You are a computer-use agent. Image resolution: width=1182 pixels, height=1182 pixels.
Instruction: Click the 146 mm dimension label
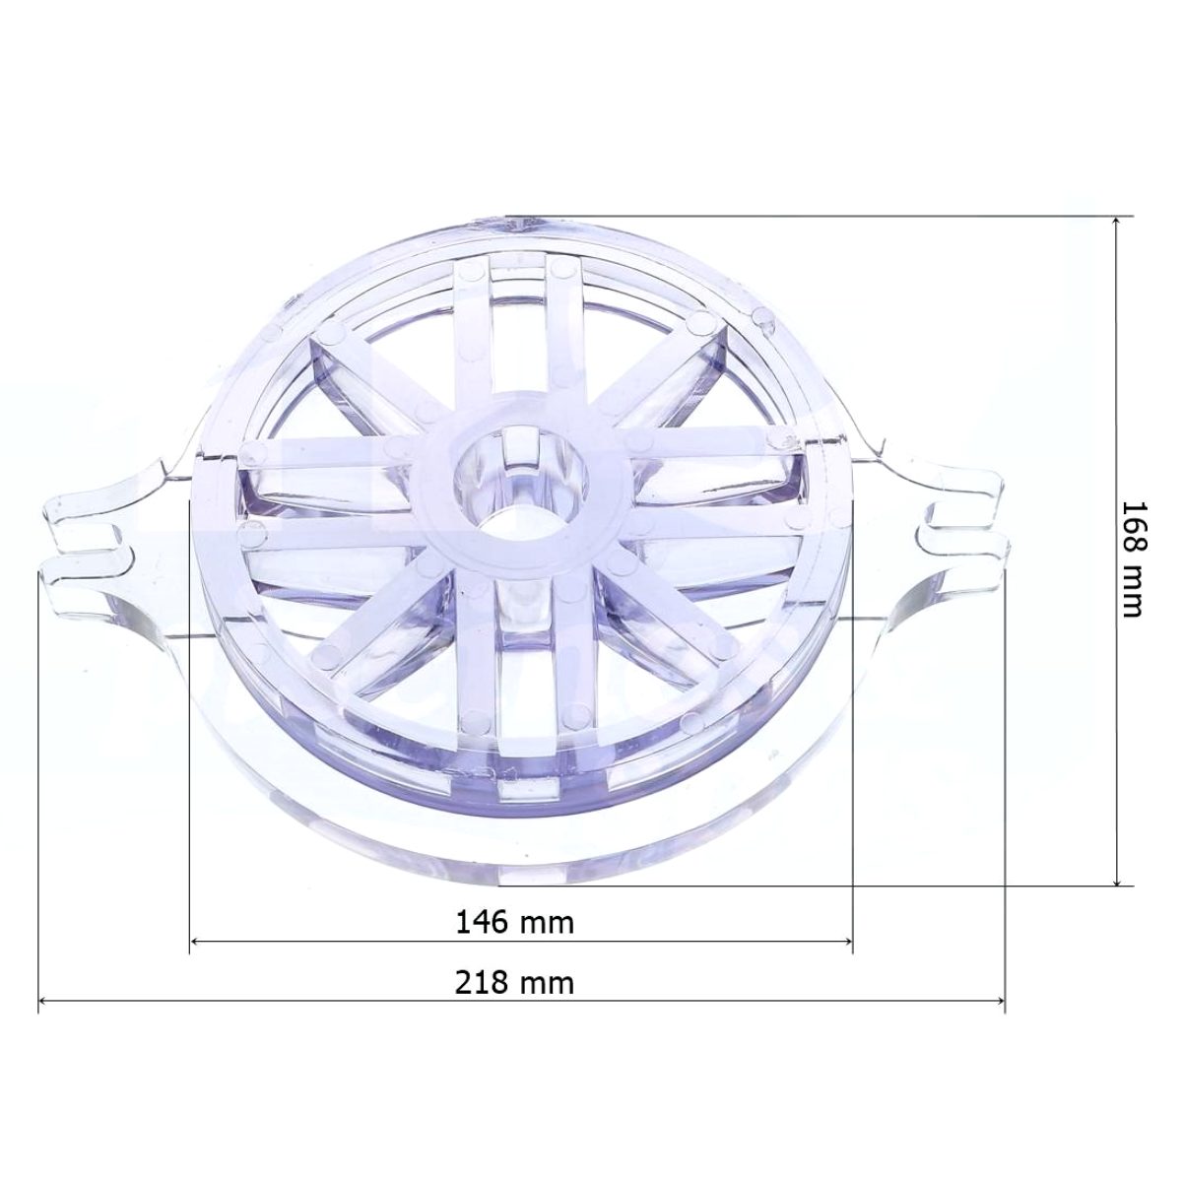pyautogui.click(x=514, y=922)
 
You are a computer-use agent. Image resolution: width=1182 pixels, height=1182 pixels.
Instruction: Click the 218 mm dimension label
pyautogui.click(x=514, y=982)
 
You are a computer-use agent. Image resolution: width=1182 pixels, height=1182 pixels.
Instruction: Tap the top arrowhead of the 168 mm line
pyautogui.click(x=1116, y=222)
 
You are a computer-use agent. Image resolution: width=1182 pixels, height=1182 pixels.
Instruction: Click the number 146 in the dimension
pyautogui.click(x=482, y=922)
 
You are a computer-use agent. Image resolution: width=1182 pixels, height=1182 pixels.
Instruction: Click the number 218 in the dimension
pyautogui.click(x=482, y=982)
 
